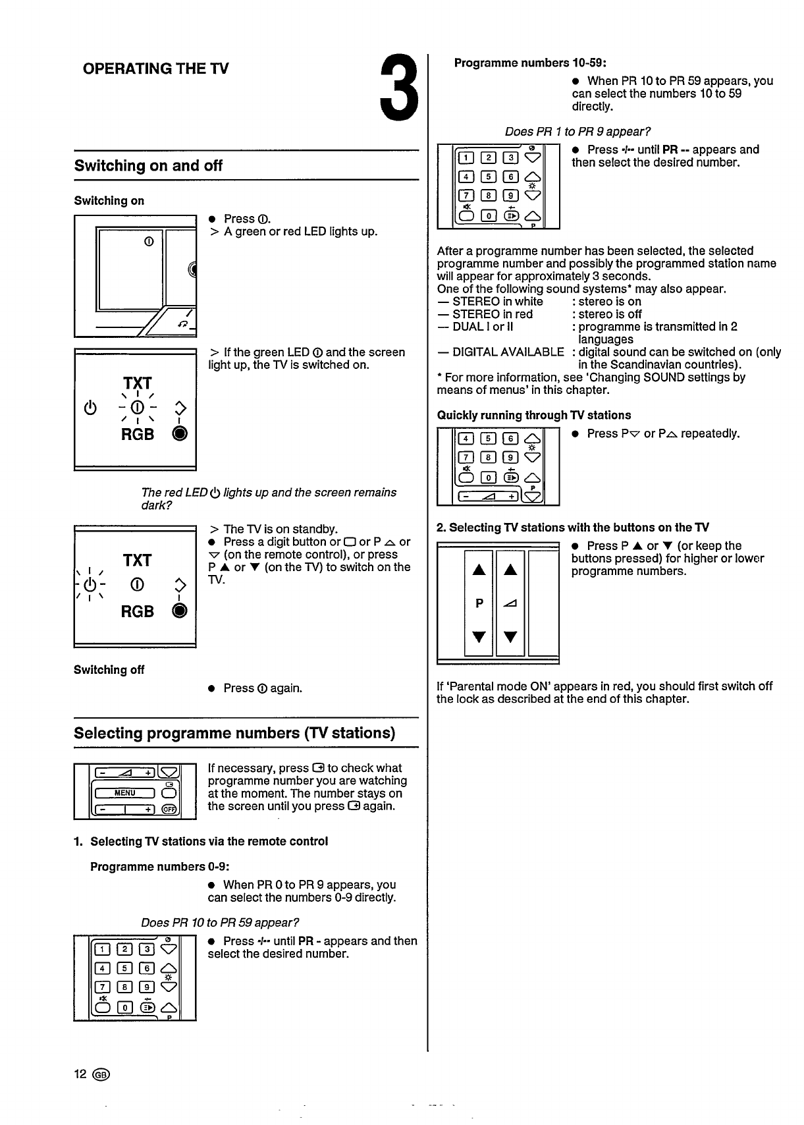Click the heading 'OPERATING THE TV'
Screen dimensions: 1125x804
[156, 69]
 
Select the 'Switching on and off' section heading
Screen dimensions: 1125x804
[148, 166]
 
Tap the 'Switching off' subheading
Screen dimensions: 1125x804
[109, 670]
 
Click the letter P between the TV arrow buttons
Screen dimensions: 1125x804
[479, 603]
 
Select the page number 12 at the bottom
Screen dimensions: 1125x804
[80, 1074]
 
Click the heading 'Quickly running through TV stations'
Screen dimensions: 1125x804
[534, 415]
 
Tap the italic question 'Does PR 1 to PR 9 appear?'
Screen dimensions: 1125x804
[577, 132]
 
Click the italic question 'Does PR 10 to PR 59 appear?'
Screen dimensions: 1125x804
[220, 922]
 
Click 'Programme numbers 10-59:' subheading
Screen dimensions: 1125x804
[530, 63]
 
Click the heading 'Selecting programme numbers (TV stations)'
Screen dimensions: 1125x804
[234, 733]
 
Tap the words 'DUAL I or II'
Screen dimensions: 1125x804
[483, 327]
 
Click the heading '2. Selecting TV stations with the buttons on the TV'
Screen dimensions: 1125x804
[573, 528]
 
